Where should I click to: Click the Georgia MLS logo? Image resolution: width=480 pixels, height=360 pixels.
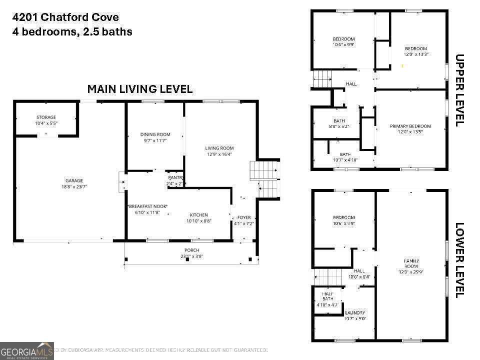coord(27,350)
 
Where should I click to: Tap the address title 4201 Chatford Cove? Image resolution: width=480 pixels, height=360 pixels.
coord(65,17)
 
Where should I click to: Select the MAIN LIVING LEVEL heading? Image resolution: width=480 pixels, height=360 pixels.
coord(140,89)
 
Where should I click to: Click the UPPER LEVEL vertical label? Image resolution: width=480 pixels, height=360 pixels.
coord(460,90)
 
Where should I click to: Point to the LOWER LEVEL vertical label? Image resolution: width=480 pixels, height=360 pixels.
coord(460,260)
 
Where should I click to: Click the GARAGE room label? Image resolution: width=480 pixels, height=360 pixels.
coord(74,180)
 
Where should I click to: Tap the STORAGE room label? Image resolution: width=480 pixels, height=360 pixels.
coord(46,117)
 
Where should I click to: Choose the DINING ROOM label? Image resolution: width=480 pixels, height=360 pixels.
coord(155,134)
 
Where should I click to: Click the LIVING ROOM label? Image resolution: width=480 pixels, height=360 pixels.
coord(219,148)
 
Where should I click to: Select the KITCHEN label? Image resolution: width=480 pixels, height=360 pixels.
coord(198,215)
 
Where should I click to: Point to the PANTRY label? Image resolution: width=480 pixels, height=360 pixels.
coord(176,177)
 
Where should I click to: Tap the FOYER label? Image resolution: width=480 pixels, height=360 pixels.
coord(244,217)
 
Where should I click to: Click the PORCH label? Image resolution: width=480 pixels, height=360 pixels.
coord(191,250)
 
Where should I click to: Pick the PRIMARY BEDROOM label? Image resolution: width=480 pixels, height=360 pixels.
coord(410,126)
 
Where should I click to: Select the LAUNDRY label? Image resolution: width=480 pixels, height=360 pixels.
coord(355,312)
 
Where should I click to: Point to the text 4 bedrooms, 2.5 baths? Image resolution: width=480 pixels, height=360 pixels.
coord(72,32)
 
